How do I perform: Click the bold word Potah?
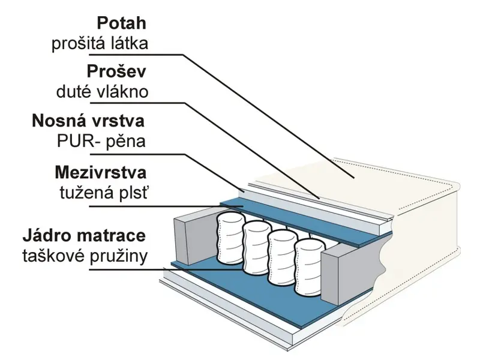(122, 23)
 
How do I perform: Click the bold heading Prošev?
(116, 71)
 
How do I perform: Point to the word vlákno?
(122, 92)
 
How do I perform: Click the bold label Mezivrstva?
(101, 172)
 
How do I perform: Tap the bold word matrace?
(110, 236)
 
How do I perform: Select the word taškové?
(54, 256)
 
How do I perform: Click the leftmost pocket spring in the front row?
(231, 238)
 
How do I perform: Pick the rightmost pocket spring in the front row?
(310, 268)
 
